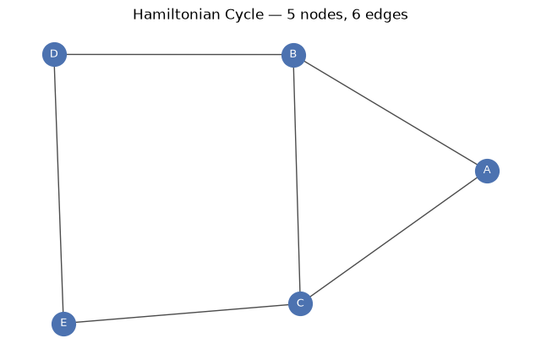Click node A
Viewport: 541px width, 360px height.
tap(487, 171)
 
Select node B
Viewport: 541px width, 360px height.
tap(293, 55)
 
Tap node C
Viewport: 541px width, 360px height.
tap(300, 303)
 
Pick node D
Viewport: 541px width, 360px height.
tap(54, 54)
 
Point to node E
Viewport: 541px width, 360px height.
tap(63, 324)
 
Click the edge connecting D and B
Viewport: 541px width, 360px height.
tap(174, 54)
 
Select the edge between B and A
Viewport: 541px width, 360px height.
tap(391, 112)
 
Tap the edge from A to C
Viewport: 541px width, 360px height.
tap(394, 237)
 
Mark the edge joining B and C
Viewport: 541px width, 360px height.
tap(297, 179)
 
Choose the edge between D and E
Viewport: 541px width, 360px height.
tap(58, 189)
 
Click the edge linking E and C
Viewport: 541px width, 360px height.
tap(182, 314)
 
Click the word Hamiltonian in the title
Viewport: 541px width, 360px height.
tap(177, 14)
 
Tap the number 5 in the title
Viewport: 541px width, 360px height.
tap(291, 14)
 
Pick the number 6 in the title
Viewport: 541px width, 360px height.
tap(357, 14)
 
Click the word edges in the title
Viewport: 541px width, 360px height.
tap(386, 15)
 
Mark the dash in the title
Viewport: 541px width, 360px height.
tap(276, 16)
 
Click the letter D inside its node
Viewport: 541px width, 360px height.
tap(54, 54)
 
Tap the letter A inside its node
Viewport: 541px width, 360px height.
tap(487, 170)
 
